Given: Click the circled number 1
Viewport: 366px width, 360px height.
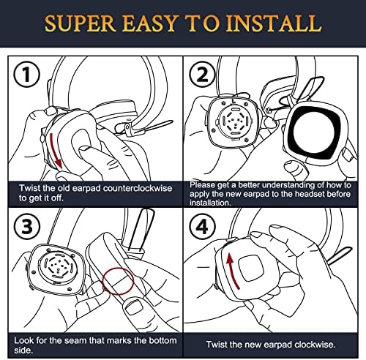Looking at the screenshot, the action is (x=26, y=75).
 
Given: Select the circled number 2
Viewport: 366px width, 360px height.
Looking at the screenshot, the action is (x=203, y=75).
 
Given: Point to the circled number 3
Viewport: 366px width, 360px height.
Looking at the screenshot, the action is (x=27, y=227).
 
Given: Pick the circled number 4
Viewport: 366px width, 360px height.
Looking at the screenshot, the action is (x=203, y=227).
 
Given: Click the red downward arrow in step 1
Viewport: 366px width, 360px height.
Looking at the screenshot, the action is (x=56, y=151).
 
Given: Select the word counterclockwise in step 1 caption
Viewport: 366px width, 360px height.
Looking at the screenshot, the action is (x=138, y=188).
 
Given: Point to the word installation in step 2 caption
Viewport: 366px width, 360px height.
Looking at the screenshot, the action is (x=210, y=203).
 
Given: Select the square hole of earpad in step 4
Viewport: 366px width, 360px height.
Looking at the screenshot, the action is (x=251, y=268).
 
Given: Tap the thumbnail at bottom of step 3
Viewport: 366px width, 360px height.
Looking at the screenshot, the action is (x=133, y=308).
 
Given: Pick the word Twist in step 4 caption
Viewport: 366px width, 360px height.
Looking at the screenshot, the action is (x=217, y=345).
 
